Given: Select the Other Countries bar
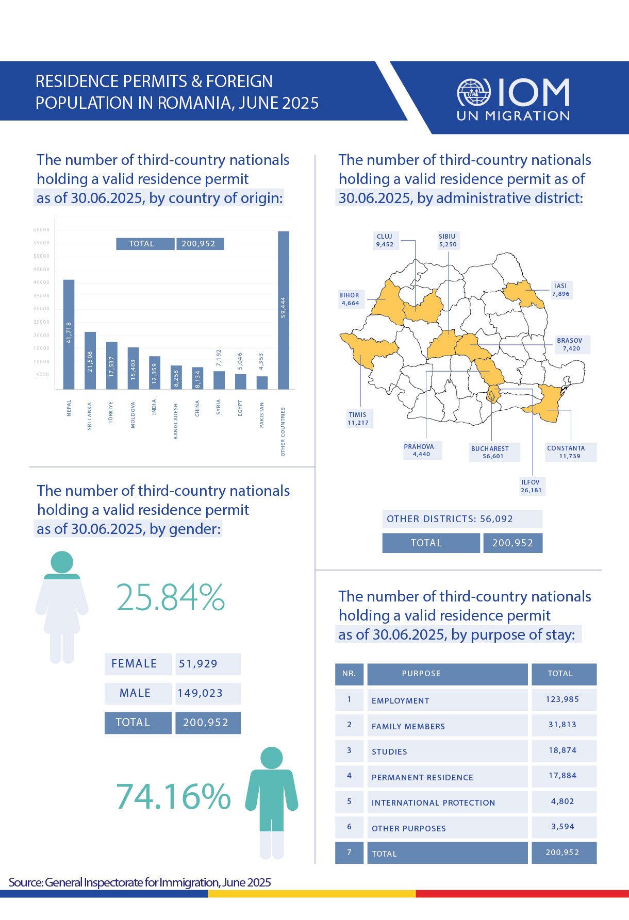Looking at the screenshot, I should [x=283, y=310].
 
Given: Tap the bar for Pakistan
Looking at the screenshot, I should [x=262, y=382].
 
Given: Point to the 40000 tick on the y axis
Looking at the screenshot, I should [x=42, y=282].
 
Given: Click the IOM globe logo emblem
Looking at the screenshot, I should [x=474, y=93].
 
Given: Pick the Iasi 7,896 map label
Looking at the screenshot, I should [x=560, y=290].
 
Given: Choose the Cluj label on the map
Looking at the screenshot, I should [x=385, y=240].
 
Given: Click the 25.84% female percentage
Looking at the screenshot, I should [x=171, y=597].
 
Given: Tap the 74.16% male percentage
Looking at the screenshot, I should [x=173, y=796].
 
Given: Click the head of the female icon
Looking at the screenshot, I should [x=62, y=562].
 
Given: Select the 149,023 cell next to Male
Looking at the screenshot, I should [x=207, y=693].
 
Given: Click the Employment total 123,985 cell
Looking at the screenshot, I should [x=563, y=699].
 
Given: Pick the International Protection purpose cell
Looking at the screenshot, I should [x=447, y=802].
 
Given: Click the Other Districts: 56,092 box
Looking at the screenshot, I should [x=462, y=519].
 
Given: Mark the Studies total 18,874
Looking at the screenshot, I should [x=563, y=750].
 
